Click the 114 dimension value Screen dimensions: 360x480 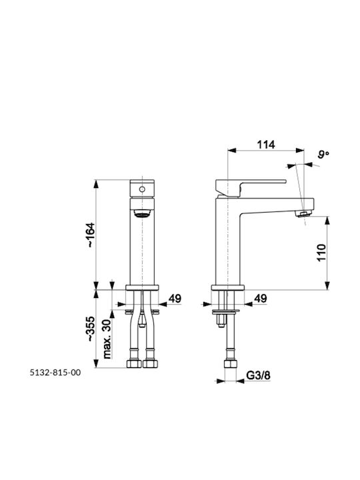[266, 144]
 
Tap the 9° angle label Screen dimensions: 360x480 [323, 154]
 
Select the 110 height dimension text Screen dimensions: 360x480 [321, 253]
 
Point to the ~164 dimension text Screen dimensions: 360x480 [91, 235]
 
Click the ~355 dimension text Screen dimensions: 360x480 [91, 329]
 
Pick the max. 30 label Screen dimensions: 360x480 [107, 339]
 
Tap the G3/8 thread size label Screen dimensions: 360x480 [259, 375]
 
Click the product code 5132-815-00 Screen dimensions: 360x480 [55, 373]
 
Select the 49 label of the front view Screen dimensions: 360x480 [175, 299]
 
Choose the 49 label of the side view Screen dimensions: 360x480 [260, 299]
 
